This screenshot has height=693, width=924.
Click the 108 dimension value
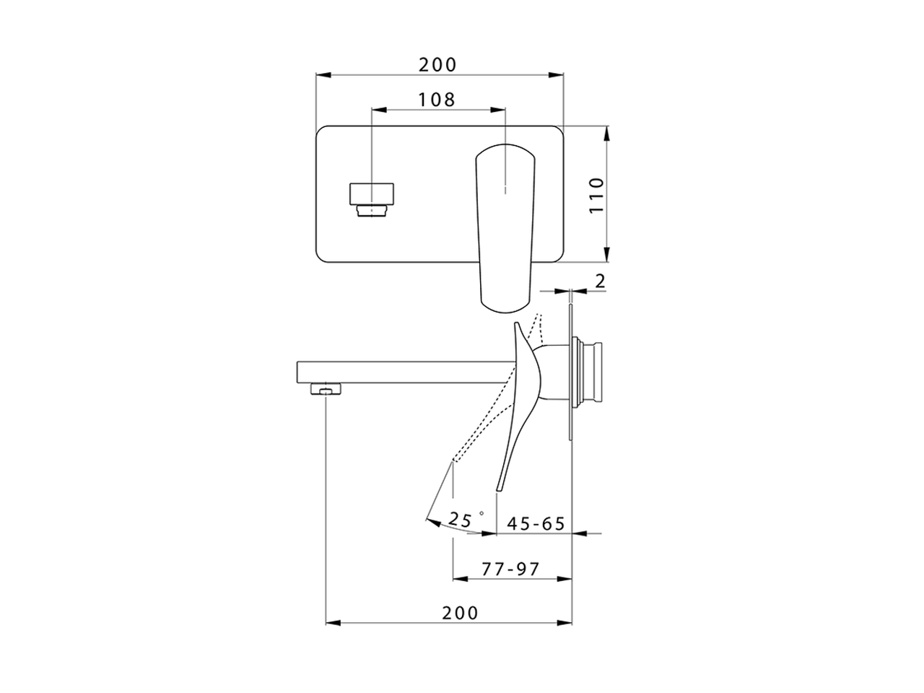click(x=437, y=99)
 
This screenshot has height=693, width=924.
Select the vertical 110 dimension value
click(x=596, y=194)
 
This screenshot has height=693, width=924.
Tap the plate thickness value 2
click(x=600, y=282)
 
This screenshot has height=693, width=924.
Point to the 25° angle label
click(x=463, y=518)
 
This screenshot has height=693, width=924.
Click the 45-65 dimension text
click(x=536, y=523)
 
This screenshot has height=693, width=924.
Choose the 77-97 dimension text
click(x=510, y=569)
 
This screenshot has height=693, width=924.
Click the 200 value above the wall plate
click(x=438, y=64)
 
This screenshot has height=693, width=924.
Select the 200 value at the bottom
click(x=460, y=613)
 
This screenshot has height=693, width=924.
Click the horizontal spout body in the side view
click(x=404, y=372)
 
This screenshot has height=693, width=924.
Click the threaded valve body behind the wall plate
click(x=592, y=369)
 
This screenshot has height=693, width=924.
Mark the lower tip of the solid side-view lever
click(x=498, y=489)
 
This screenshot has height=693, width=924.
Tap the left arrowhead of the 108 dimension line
click(x=375, y=110)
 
